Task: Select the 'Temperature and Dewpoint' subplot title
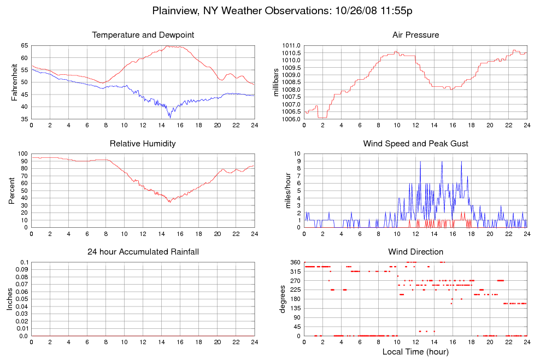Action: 143,35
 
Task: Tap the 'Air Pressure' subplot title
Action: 415,35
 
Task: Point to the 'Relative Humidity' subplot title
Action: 143,144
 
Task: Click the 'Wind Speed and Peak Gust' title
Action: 415,144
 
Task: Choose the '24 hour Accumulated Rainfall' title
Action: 143,252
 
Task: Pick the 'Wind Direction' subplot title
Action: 415,252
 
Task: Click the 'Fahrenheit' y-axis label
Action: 14,82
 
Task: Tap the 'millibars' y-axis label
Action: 276,82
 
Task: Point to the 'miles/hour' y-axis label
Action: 284,190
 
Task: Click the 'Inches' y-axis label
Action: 10,299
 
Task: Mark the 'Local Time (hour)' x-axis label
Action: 415,352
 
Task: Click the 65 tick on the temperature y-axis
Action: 24,45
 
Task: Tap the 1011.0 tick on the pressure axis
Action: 291,45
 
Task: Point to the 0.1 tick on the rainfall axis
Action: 24,263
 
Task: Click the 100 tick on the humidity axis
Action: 22,154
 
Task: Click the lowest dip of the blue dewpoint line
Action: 170,117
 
